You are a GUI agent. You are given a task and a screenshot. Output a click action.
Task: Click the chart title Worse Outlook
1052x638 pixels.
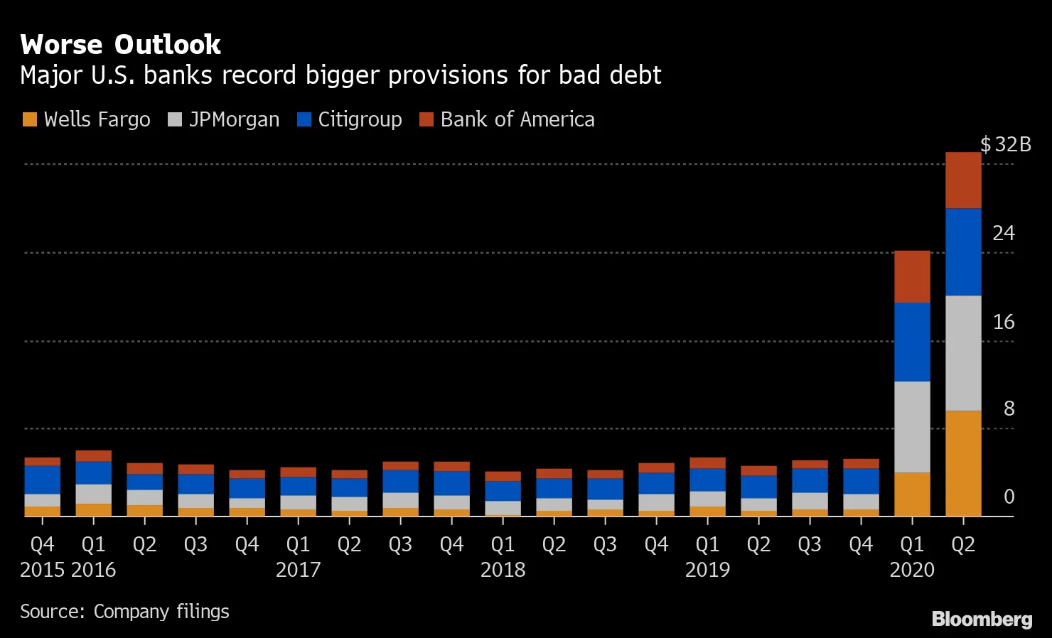coord(121,45)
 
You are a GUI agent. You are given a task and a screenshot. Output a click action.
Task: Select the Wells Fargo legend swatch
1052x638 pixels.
coord(29,119)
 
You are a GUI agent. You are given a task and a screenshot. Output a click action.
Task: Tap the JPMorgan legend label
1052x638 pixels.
coord(234,119)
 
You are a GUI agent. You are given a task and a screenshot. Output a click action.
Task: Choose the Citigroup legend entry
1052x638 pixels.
coord(360,119)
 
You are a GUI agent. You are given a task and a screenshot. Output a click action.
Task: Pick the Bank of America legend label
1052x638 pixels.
coord(517,119)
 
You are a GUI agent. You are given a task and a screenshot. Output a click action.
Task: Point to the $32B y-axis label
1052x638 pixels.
coord(1005,145)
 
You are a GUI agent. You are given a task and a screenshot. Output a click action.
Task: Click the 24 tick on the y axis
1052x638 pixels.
coord(1003,233)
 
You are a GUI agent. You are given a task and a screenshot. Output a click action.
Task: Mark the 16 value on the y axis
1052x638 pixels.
coord(1003,322)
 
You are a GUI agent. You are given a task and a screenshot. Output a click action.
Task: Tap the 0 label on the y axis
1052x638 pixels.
coord(1009,497)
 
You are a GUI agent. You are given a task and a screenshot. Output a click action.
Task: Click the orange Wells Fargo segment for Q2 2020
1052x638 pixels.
coord(963,463)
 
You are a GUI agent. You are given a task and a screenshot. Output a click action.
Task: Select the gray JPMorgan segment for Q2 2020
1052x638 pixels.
coord(963,353)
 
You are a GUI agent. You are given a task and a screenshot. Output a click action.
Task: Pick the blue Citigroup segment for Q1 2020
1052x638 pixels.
coord(912,342)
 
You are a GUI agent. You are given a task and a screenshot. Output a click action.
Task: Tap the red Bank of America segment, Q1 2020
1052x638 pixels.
coord(912,276)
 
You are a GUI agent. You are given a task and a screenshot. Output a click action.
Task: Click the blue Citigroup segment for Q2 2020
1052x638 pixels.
coord(963,252)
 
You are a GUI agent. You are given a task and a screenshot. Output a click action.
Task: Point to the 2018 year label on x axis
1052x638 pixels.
coord(503,570)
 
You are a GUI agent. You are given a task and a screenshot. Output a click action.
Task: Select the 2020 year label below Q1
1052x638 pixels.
coord(912,570)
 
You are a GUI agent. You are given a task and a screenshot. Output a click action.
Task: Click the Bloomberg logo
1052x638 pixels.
coord(982,619)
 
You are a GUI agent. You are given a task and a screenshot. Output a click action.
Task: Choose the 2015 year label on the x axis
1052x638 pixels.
coord(43,570)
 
